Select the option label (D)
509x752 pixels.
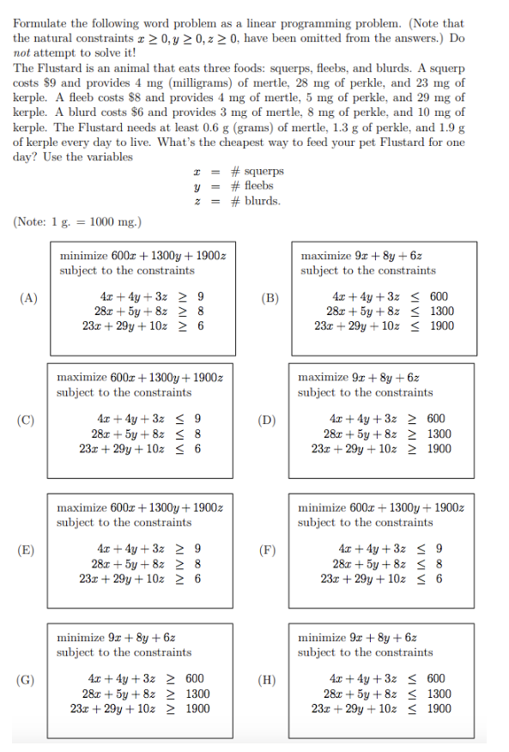[x=269, y=420]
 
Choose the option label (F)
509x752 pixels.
[x=269, y=550]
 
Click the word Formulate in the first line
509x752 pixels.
[x=39, y=23]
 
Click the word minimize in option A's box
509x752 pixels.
[x=83, y=256]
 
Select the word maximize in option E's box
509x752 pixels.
[x=81, y=507]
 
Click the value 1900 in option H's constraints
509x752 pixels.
[x=439, y=708]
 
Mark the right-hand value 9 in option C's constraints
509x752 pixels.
[x=197, y=419]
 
